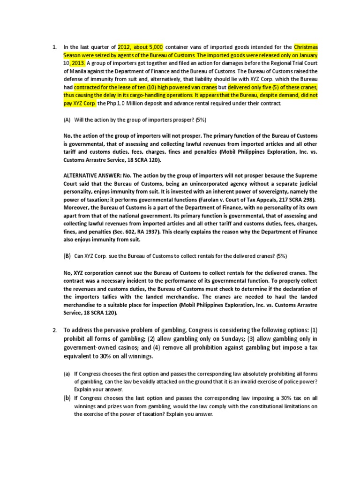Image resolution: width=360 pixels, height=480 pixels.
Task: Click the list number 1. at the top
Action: point(54,47)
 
